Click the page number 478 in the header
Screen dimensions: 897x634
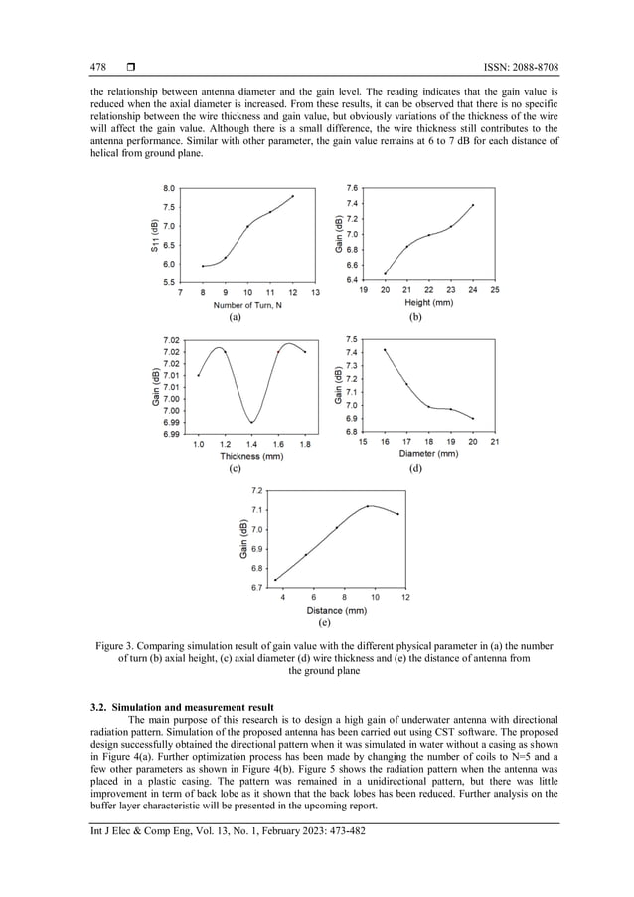coord(98,67)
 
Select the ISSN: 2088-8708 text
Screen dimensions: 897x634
coord(515,67)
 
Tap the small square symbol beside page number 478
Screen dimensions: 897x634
coord(130,67)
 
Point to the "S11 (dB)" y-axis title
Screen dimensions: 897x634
coord(156,239)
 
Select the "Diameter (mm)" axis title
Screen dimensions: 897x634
coord(428,453)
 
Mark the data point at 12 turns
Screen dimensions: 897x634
coord(293,196)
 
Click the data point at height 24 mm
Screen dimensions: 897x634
coord(473,205)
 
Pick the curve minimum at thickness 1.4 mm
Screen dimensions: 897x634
coord(252,422)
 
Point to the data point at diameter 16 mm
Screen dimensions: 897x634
coord(385,350)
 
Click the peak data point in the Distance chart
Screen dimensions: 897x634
coord(368,506)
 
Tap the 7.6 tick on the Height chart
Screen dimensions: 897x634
coord(353,187)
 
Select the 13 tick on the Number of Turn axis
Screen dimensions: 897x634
coord(315,293)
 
